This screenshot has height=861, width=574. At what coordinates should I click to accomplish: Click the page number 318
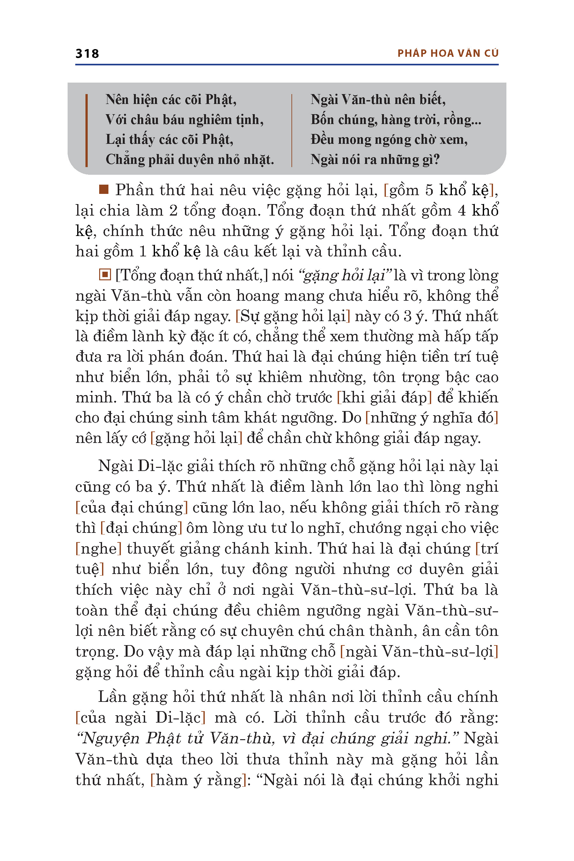[x=87, y=54]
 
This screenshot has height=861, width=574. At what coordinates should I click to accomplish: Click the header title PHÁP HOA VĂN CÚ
[x=448, y=54]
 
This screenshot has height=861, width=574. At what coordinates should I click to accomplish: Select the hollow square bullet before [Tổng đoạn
[x=105, y=275]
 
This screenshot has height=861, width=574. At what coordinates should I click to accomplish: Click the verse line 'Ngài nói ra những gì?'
[x=375, y=159]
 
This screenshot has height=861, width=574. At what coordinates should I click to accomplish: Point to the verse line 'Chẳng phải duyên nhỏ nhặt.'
[x=190, y=159]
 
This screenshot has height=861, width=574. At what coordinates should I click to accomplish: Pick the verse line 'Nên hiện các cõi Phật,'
[x=171, y=99]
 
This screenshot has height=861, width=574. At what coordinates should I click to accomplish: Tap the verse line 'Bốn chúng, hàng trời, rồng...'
[x=396, y=120]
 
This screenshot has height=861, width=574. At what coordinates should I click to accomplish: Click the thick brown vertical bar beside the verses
[x=86, y=130]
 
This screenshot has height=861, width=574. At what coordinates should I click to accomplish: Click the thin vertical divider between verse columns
[x=292, y=130]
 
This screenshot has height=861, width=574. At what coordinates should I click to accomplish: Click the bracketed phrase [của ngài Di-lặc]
[x=140, y=717]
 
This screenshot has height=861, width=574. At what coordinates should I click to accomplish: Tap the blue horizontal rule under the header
[x=287, y=65]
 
